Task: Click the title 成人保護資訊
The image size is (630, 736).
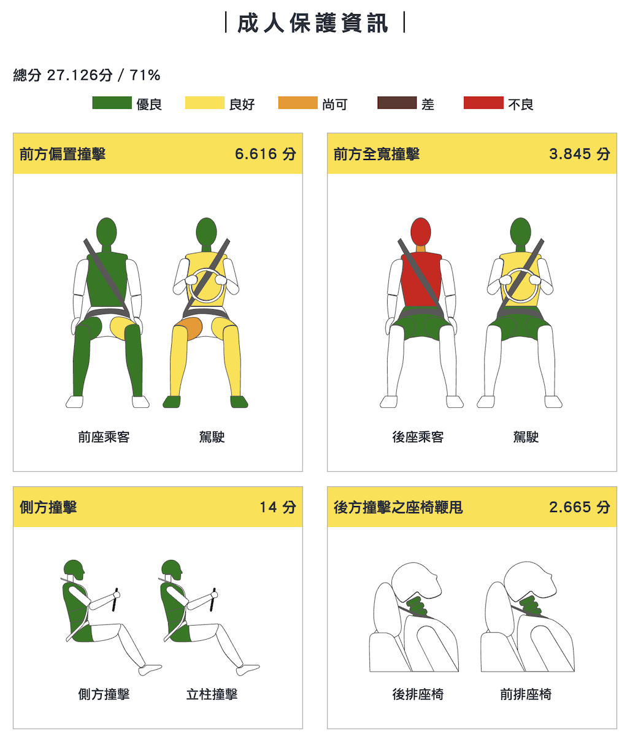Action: pos(314,23)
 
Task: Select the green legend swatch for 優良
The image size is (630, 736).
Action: pos(112,103)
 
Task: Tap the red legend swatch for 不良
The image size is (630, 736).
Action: pos(483,103)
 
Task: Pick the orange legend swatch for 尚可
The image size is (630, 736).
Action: pos(298,103)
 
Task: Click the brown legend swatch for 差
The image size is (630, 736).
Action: pos(397,103)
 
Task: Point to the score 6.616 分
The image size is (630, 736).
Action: pos(265,154)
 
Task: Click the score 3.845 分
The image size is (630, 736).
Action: pos(579,154)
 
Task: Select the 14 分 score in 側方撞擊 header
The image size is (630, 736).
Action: pos(277,507)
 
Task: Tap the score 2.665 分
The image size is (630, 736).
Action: pos(579,507)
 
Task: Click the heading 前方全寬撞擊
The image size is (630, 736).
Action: pos(376,154)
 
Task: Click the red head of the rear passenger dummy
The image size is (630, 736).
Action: pos(421,230)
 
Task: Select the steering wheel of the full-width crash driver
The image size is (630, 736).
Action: pos(521,286)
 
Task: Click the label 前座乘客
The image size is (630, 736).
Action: pos(104,437)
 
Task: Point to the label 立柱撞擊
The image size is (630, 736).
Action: pos(212,695)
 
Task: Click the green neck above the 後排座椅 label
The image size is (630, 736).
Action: pos(418,606)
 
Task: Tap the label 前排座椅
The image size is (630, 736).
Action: pos(526,695)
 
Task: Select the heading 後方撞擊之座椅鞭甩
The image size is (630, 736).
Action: pos(398,507)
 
